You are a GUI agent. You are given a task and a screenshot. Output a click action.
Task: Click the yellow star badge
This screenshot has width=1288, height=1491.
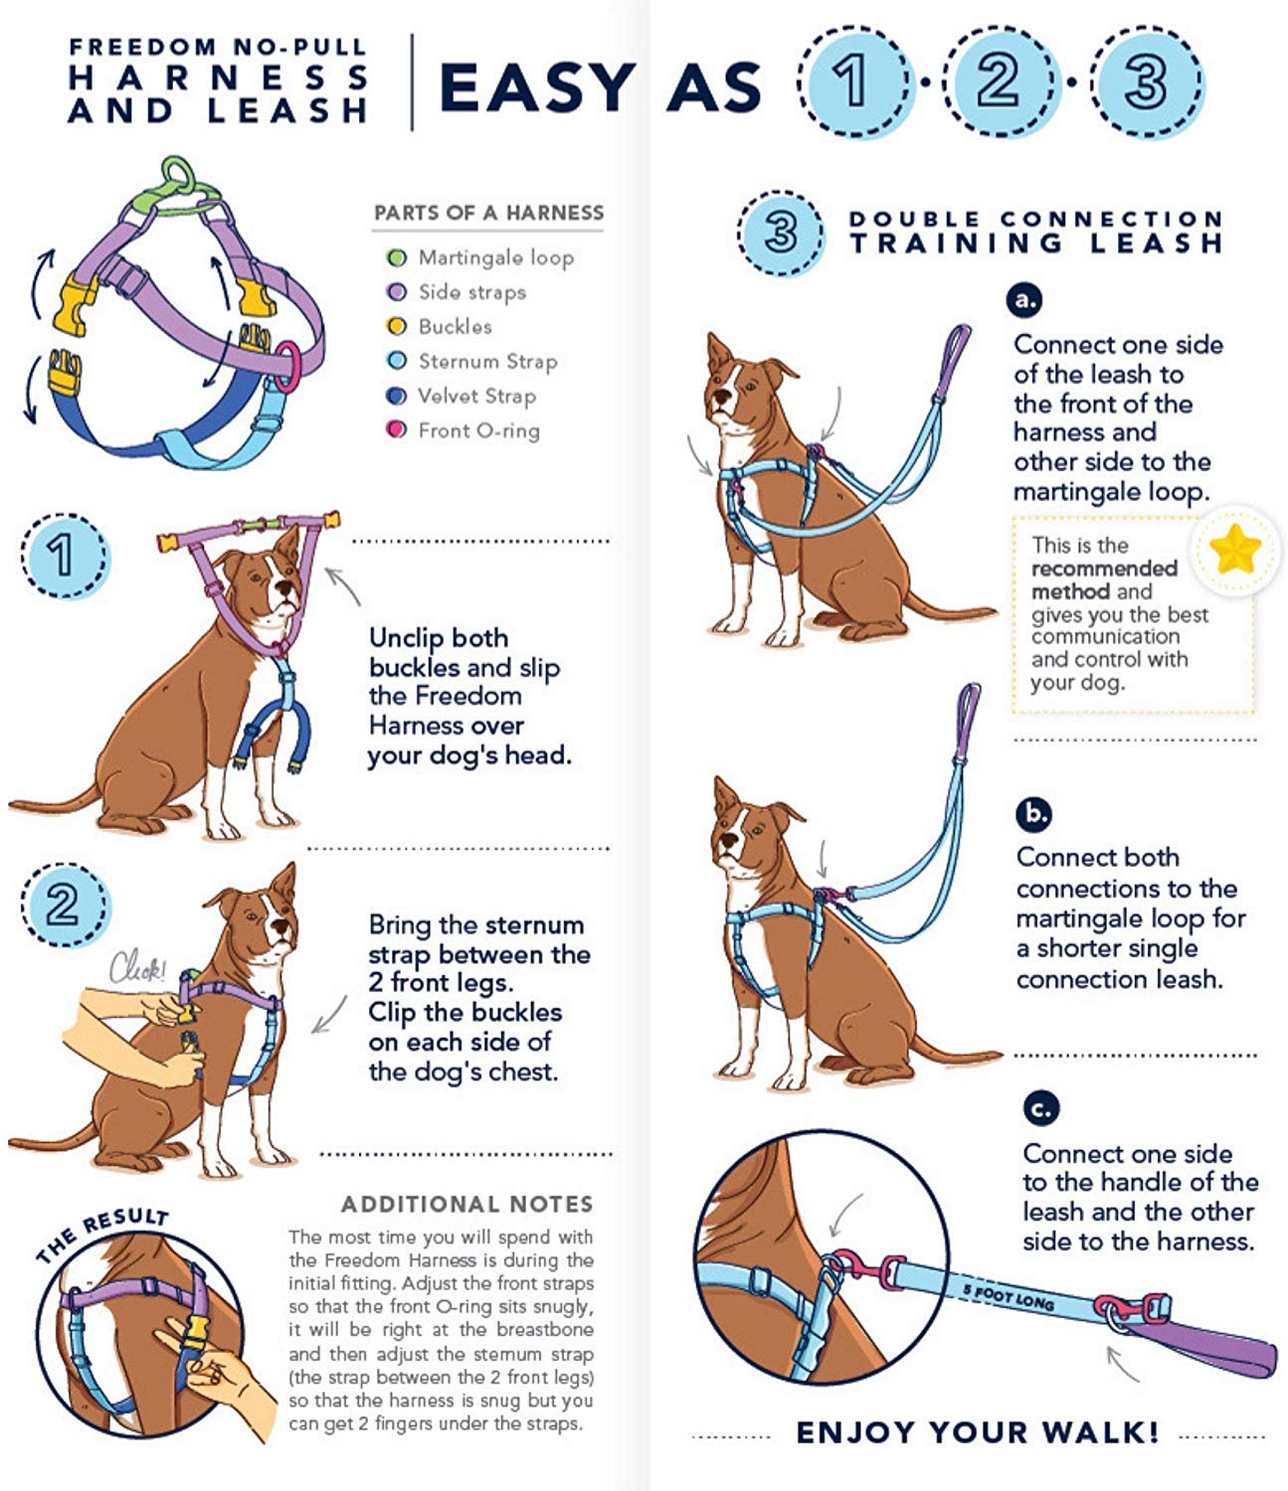1236,550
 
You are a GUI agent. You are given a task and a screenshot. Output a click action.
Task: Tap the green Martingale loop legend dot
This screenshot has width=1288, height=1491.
397,257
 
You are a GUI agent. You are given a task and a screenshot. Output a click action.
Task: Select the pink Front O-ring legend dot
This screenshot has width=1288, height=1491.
397,430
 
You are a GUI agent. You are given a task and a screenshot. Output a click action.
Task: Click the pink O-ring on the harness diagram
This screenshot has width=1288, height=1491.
287,366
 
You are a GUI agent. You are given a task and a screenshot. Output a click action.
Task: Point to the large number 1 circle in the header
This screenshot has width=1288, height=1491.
852,82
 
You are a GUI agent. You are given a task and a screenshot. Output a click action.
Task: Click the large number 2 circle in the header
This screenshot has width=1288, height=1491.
999,82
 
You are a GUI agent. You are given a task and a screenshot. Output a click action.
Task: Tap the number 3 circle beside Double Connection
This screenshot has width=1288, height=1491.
781,233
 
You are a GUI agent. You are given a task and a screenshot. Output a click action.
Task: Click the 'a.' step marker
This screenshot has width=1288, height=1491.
1023,300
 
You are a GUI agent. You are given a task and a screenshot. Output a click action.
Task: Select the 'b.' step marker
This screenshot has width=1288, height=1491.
1034,814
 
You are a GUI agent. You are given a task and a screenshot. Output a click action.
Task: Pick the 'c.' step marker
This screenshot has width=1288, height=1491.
1040,1108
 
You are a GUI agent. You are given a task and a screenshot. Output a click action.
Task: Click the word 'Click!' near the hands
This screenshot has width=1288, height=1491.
137,966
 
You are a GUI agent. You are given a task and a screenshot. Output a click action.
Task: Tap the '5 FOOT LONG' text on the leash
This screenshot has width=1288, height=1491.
1008,1296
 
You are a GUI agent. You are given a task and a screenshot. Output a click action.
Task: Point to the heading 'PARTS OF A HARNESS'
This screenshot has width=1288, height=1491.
488,213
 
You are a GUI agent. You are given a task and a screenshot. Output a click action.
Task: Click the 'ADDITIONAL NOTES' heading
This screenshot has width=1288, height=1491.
466,1205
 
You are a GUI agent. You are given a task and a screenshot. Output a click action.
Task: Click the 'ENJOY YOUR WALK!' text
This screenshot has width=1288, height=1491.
977,1432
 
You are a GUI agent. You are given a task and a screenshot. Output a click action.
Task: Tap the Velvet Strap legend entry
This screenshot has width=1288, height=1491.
475,396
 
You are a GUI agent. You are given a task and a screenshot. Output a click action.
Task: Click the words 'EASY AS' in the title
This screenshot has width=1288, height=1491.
600,87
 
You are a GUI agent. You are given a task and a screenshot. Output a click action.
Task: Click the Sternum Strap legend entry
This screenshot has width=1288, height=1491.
486,361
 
